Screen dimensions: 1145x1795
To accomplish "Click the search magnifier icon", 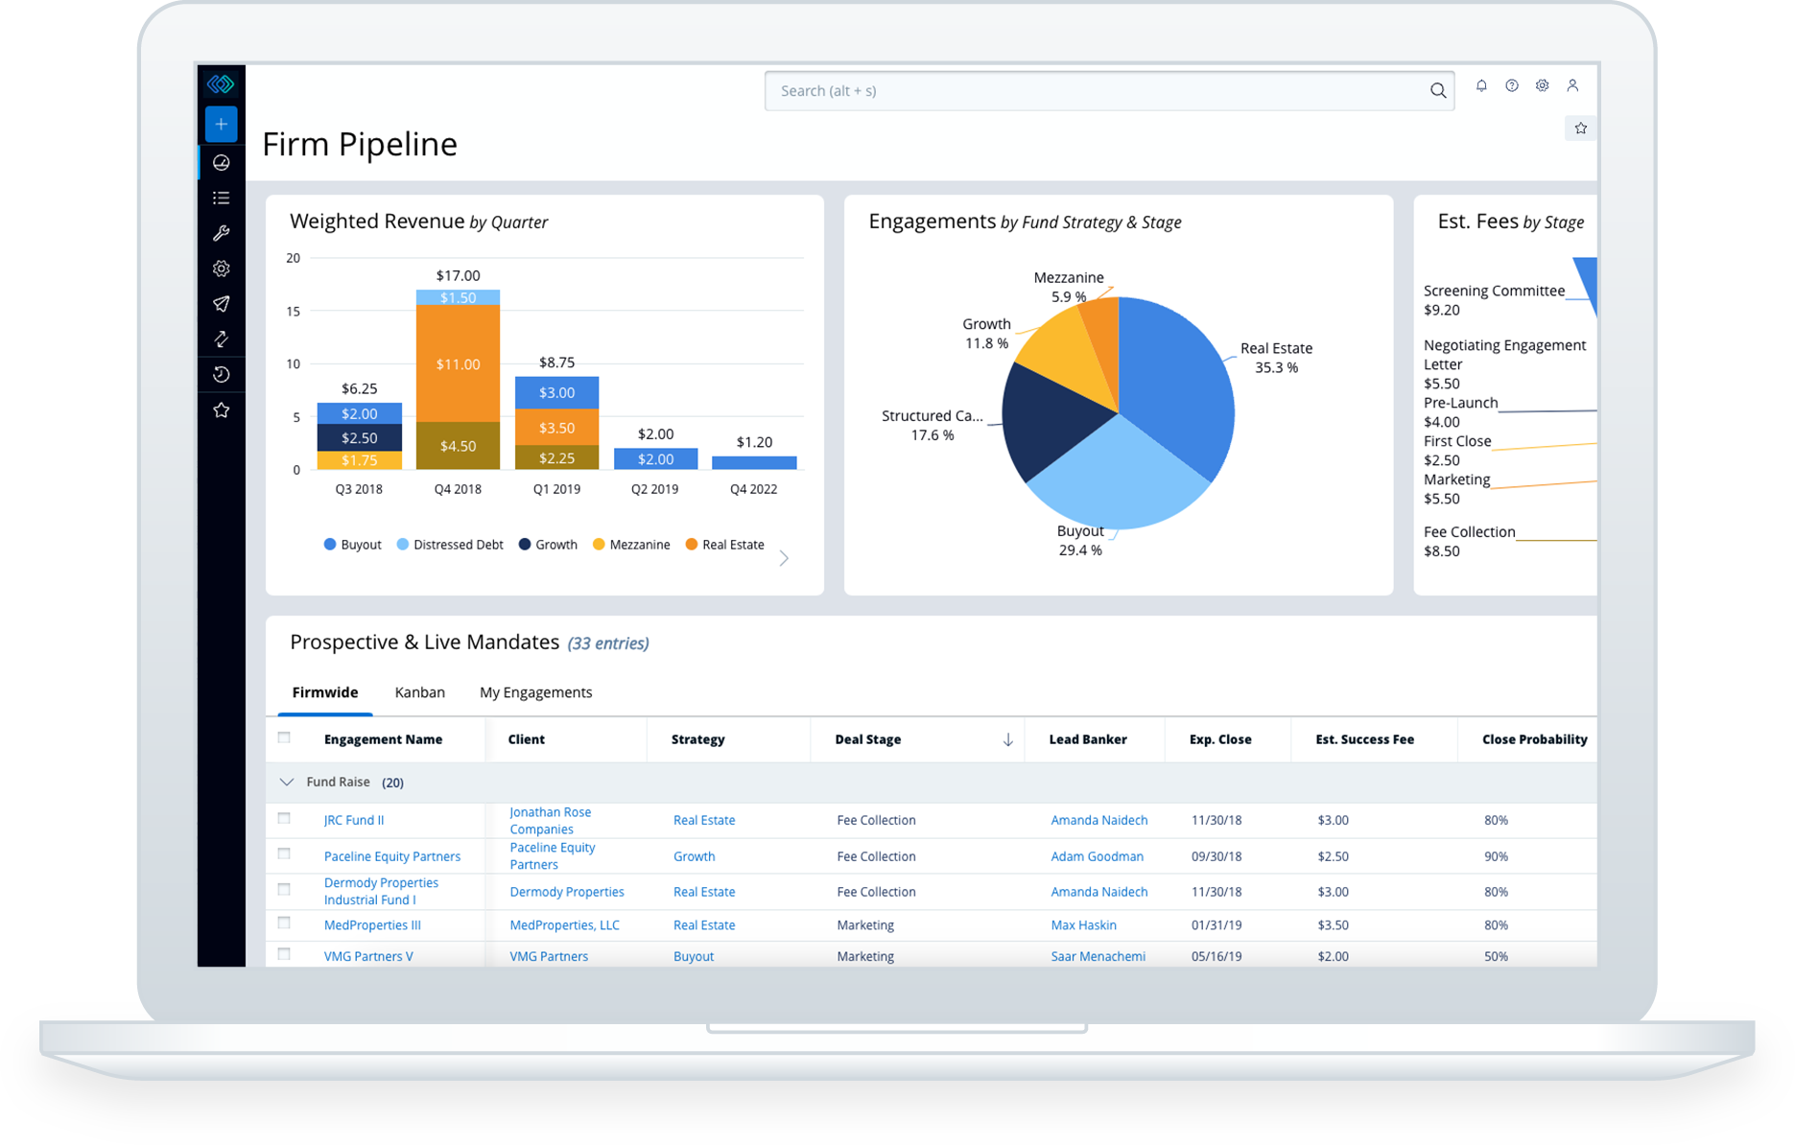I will click(x=1437, y=91).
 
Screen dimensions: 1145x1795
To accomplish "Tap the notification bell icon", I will click(x=1481, y=86).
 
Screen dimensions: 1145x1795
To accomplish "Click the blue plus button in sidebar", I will click(x=222, y=125).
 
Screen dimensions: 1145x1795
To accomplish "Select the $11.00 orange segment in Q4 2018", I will click(x=458, y=364).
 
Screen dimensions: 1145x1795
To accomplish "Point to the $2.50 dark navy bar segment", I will click(x=359, y=438).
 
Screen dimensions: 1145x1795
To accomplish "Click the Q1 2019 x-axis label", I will click(x=556, y=489).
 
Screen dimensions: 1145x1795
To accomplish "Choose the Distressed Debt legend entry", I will click(x=450, y=545).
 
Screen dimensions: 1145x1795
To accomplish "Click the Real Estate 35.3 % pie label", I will click(x=1276, y=358).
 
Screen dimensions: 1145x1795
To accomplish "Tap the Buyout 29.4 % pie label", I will click(x=1080, y=541).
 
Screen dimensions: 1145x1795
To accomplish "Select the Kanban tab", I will click(x=419, y=692).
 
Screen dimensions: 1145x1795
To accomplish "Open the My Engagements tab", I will click(x=535, y=692).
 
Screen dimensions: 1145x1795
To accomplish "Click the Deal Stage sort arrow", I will click(x=1007, y=739).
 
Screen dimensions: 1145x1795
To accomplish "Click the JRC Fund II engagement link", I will click(x=354, y=821).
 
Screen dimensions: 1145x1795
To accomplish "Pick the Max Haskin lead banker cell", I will click(x=1083, y=925).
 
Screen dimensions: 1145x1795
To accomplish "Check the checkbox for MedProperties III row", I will click(x=284, y=923).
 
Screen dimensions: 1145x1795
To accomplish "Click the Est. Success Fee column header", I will click(x=1364, y=739).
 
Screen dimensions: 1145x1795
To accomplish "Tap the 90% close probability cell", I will click(x=1496, y=856).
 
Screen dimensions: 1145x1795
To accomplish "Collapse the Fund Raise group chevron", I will click(x=286, y=783).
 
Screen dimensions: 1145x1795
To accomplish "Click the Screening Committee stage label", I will click(x=1494, y=292).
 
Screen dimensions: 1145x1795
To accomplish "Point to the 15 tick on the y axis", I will click(x=294, y=312).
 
